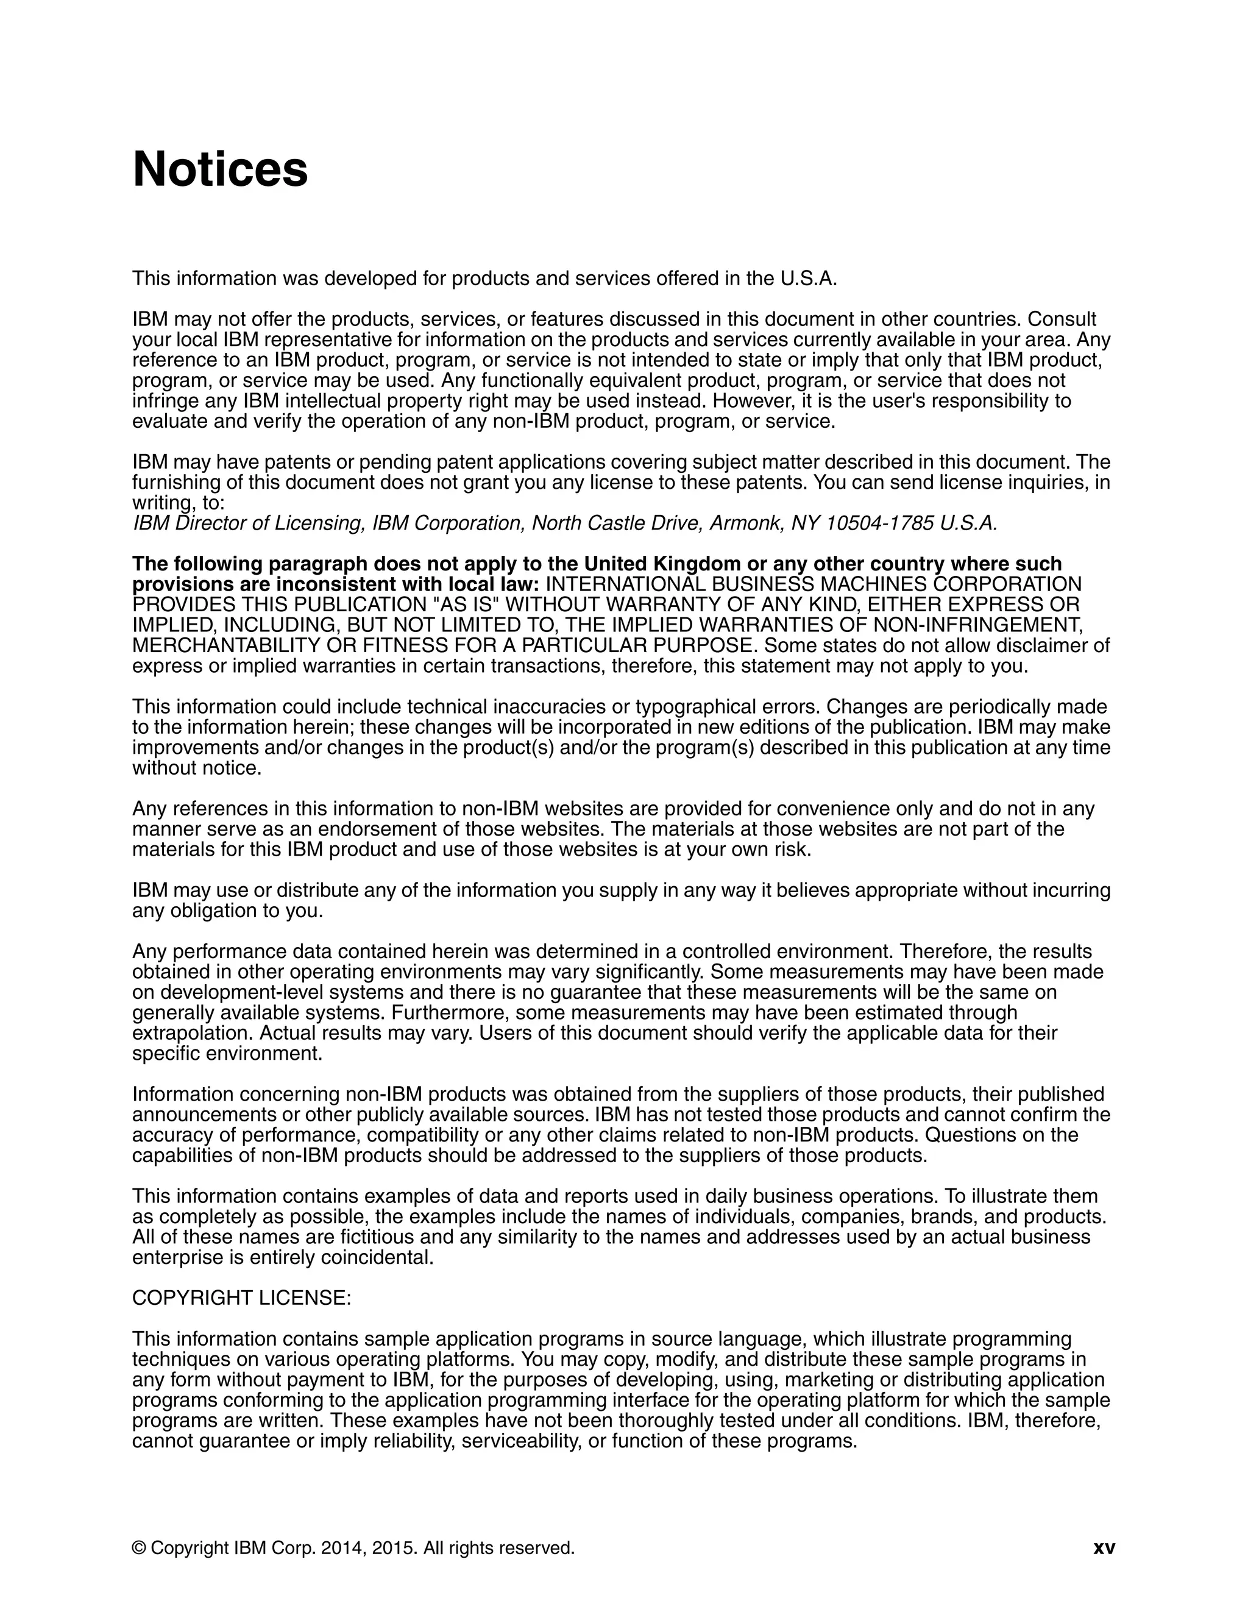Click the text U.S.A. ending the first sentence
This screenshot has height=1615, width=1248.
(x=808, y=279)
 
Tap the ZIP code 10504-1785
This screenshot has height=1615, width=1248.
(x=879, y=524)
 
